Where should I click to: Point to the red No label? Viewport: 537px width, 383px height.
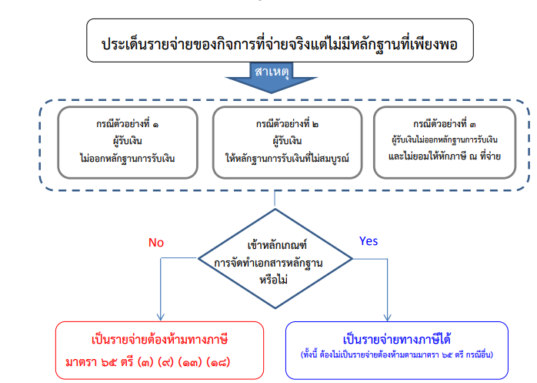click(156, 242)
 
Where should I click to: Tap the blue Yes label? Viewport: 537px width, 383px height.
click(369, 241)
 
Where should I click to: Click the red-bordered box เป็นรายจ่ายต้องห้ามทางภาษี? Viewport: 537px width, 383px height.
click(159, 348)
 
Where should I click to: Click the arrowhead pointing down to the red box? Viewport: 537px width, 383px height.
click(160, 316)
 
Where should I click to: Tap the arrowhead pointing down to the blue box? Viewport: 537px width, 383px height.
click(388, 316)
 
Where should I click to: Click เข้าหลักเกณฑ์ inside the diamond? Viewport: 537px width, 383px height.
click(275, 247)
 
